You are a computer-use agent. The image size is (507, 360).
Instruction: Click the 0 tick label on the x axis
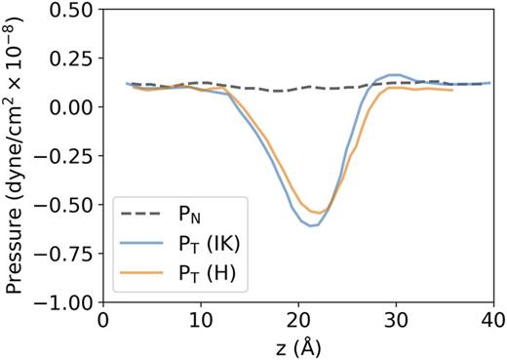103,320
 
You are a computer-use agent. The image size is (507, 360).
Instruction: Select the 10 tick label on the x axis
201,320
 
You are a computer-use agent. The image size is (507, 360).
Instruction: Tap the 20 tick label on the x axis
298,320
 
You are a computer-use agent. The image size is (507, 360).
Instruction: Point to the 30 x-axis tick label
395,320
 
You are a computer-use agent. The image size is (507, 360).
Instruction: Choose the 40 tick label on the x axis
492,320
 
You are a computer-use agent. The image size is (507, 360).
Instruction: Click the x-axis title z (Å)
297,345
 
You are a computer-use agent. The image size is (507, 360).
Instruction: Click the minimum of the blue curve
311,225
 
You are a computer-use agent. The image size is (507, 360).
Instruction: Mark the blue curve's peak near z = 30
393,74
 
